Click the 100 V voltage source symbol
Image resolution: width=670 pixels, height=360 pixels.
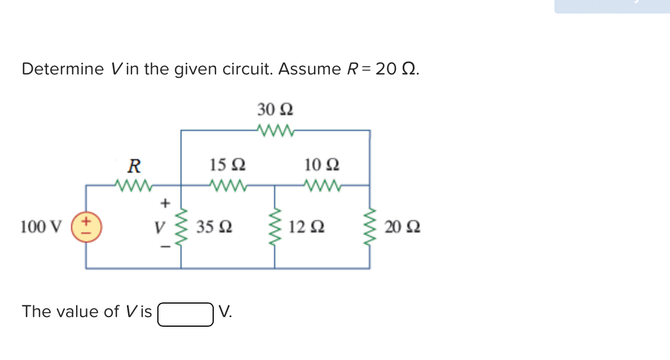86,227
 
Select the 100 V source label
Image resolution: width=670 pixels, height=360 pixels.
41,227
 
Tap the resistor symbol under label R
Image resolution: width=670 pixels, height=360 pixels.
133,185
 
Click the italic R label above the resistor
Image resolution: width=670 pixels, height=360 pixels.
134,166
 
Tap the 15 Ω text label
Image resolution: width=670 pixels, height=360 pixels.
227,165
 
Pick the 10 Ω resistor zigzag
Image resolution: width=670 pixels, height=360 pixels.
322,185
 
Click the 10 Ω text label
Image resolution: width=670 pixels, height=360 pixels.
322,165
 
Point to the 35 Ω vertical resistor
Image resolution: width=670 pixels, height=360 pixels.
181,227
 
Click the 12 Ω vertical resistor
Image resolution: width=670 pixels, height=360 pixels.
275,227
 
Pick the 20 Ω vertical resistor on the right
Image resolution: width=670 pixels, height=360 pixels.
370,227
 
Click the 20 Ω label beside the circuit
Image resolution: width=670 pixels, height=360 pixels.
402,228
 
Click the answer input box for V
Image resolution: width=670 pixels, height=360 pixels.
186,315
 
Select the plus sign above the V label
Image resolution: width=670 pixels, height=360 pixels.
165,201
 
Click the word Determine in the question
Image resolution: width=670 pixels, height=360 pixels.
62,69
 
